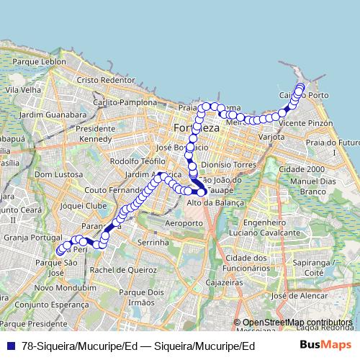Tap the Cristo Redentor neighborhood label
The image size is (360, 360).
tap(106, 80)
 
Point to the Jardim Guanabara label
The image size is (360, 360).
tap(53, 114)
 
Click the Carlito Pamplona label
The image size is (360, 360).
tap(130, 103)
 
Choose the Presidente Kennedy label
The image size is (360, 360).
tap(95, 133)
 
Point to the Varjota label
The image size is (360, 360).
tap(273, 135)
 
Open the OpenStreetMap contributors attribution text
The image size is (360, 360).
tap(297, 322)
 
